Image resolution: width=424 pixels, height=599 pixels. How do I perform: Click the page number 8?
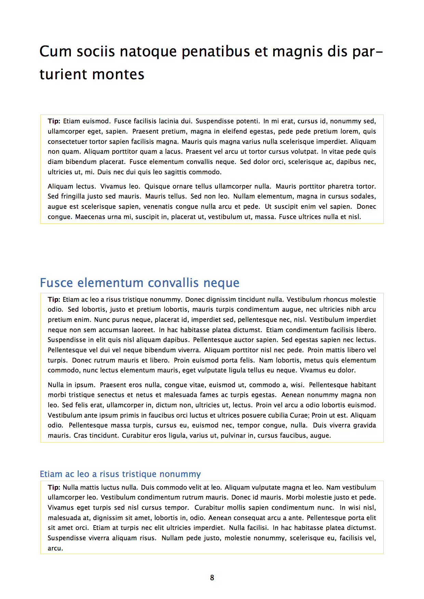(x=212, y=577)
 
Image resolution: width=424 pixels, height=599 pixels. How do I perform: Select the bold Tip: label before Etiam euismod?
(x=54, y=121)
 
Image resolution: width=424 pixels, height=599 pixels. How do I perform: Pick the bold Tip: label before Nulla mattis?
(x=54, y=488)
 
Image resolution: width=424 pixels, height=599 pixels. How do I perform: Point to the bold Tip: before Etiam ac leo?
(x=54, y=300)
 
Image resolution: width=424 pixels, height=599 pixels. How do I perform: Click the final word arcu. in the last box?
(x=55, y=548)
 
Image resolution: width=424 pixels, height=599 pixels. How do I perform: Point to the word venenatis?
(x=158, y=207)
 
